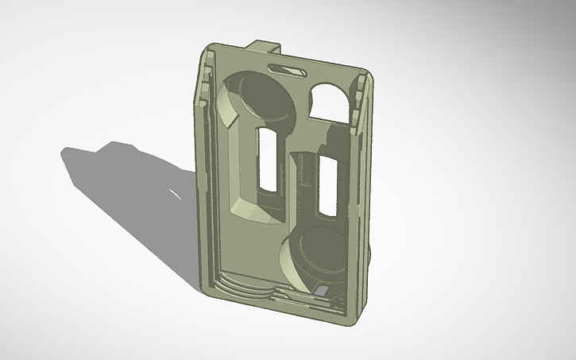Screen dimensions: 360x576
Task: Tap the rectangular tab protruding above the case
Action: [x=267, y=47]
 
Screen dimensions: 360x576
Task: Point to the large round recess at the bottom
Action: [x=314, y=254]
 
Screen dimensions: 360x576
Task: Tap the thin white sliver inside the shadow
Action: [x=172, y=193]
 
